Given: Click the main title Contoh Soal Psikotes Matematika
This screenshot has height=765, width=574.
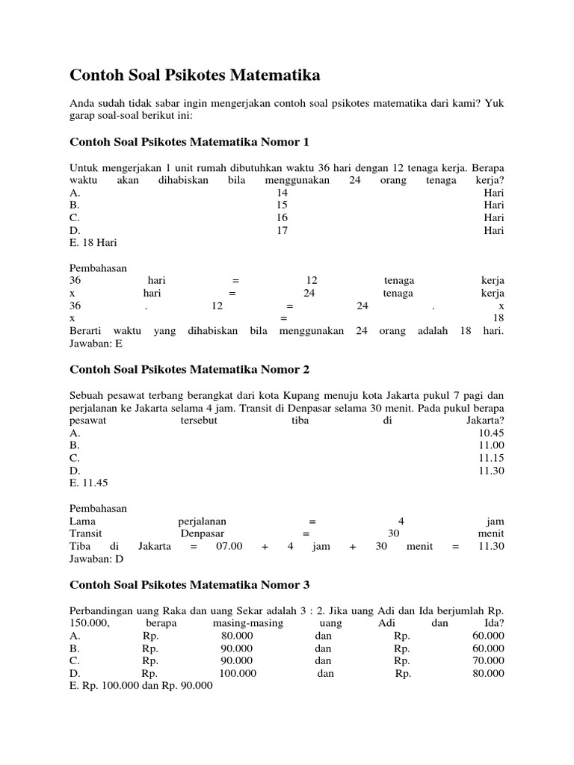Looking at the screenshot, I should tap(194, 75).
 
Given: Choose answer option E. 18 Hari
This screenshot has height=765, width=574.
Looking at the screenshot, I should tap(93, 243).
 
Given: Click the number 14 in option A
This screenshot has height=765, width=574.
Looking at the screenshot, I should tap(282, 192).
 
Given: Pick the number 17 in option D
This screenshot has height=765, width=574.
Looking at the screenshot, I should tap(282, 230).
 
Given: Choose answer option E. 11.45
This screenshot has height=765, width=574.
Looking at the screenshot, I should tap(90, 483).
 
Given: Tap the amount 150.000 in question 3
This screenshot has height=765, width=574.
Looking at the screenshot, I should tap(89, 622).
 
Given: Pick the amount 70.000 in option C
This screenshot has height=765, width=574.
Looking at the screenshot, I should tap(488, 660).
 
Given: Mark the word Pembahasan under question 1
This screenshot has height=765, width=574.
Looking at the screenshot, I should tap(98, 267).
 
